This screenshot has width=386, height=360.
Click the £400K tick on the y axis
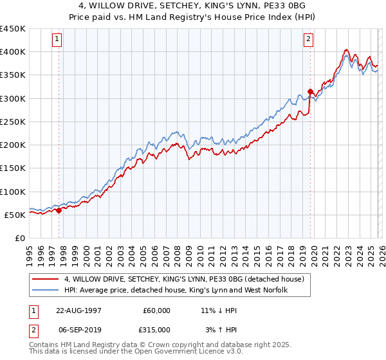click(x=13, y=52)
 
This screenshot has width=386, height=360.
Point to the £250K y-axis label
click(x=13, y=122)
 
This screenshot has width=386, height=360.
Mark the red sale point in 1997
click(x=59, y=210)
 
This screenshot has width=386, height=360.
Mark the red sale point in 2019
click(x=310, y=91)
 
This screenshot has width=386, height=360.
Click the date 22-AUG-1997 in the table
click(x=79, y=310)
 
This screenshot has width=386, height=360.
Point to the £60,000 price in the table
click(x=156, y=310)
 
